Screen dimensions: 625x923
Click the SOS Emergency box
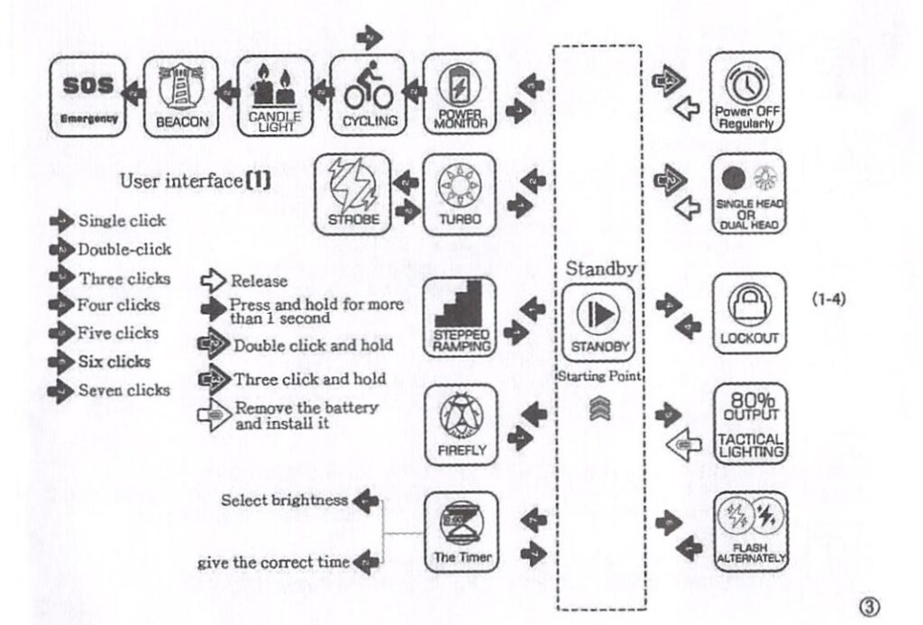[x=87, y=96]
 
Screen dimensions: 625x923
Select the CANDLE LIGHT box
[x=275, y=96]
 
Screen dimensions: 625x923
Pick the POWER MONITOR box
[x=461, y=96]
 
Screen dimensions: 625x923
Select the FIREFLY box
[x=461, y=422]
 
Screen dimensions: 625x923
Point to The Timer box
[x=461, y=532]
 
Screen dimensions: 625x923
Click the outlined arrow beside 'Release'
[x=215, y=280]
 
